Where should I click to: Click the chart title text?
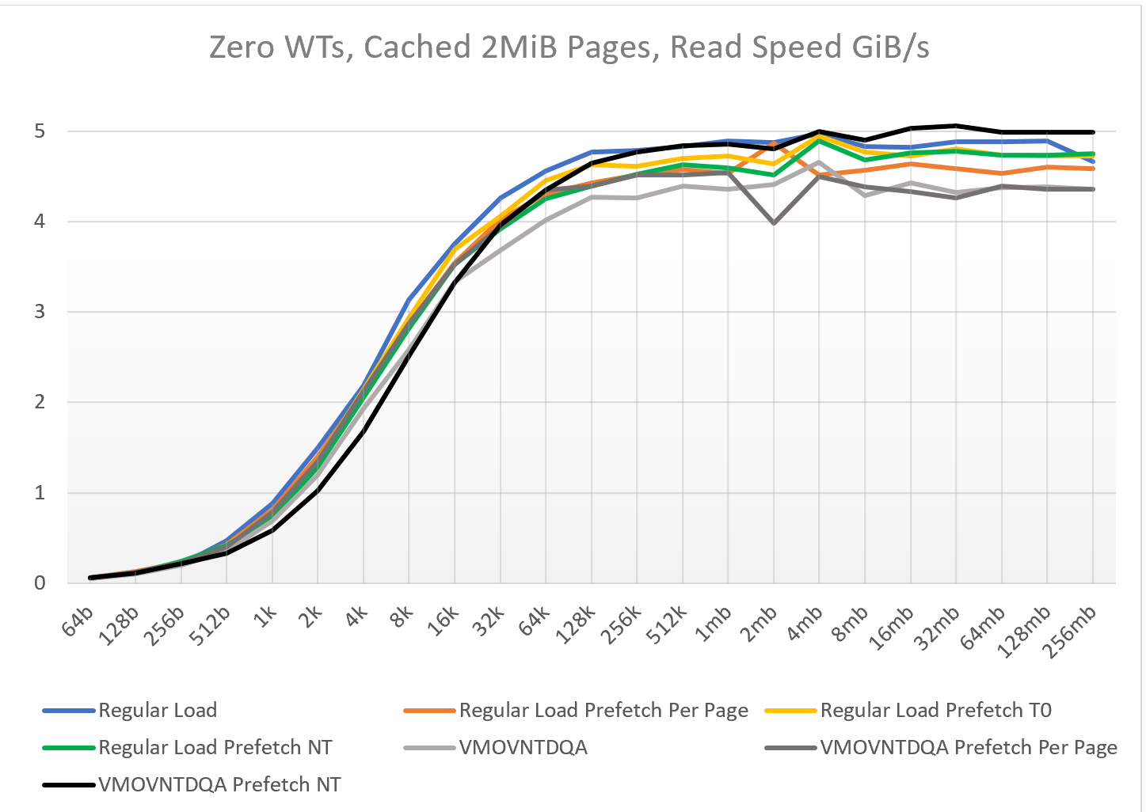pyautogui.click(x=569, y=47)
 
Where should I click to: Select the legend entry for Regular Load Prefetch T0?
pyautogui.click(x=908, y=710)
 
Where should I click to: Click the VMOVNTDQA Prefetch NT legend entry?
pyautogui.click(x=192, y=784)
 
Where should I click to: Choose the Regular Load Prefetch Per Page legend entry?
pyautogui.click(x=576, y=710)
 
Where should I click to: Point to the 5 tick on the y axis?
pyautogui.click(x=40, y=131)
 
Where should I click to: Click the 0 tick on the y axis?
pyautogui.click(x=40, y=583)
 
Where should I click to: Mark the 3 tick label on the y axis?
pyautogui.click(x=40, y=311)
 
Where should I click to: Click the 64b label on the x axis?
pyautogui.click(x=78, y=620)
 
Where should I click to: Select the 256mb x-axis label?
pyautogui.click(x=1070, y=632)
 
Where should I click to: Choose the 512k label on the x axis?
pyautogui.click(x=666, y=625)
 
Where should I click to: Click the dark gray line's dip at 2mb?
pyautogui.click(x=774, y=223)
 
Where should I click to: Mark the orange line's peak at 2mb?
pyautogui.click(x=774, y=144)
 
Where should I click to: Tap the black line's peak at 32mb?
pyautogui.click(x=956, y=126)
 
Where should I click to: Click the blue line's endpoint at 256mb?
pyautogui.click(x=1093, y=161)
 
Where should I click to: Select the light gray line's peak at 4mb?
pyautogui.click(x=819, y=162)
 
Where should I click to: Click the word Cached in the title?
pyautogui.click(x=417, y=47)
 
